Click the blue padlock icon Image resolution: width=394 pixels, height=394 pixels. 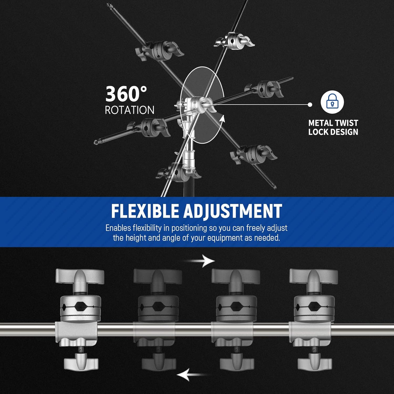[x=332, y=102]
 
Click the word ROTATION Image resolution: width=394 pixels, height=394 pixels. [x=129, y=110]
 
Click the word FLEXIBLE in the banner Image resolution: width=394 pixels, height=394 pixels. [x=145, y=211]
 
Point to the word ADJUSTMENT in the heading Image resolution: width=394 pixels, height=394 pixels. [x=233, y=211]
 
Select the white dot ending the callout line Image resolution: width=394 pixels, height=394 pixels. [x=310, y=105]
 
